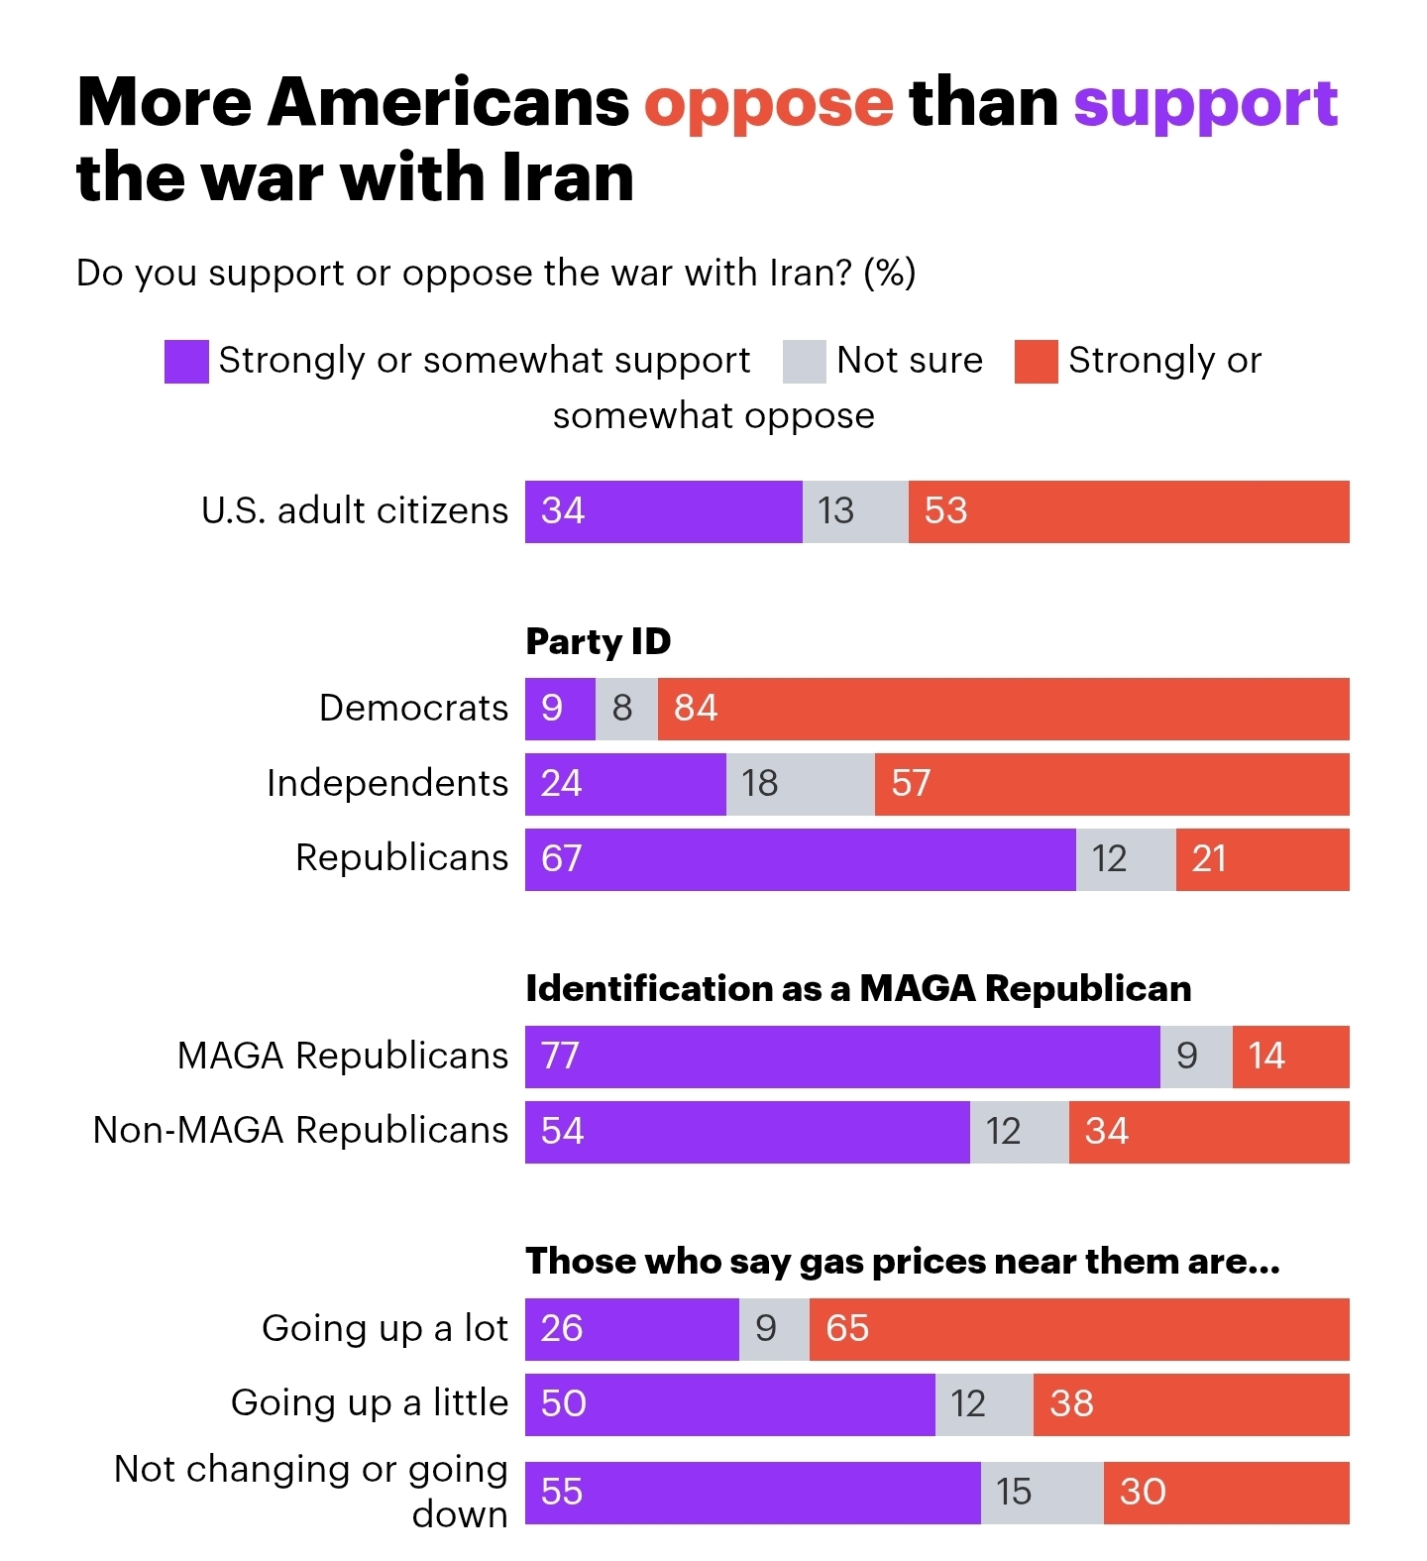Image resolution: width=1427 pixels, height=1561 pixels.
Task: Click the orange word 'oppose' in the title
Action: click(x=768, y=104)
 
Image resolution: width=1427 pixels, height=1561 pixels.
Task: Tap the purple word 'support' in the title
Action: click(x=1205, y=104)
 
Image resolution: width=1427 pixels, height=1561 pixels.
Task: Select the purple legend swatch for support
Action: click(x=186, y=361)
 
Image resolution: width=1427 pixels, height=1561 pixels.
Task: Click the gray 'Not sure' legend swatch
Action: click(x=804, y=361)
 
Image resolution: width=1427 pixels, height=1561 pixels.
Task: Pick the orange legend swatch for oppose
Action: click(x=1036, y=361)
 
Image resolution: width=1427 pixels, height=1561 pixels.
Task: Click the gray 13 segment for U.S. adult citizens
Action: click(x=855, y=511)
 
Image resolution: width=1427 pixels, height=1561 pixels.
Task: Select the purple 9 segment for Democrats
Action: click(x=560, y=709)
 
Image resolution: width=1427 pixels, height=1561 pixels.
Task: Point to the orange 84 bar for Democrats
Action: click(x=1003, y=709)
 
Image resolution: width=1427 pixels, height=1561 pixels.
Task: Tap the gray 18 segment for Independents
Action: click(x=800, y=784)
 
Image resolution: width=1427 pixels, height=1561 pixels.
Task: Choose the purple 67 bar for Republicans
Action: click(x=800, y=859)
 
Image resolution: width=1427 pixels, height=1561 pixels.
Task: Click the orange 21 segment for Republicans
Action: click(x=1262, y=859)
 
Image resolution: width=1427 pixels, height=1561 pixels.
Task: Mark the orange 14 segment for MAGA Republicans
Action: click(x=1290, y=1057)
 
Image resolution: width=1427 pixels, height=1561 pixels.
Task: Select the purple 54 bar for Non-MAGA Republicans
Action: click(x=747, y=1132)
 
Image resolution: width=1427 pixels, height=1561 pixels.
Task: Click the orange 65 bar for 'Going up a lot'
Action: click(x=1078, y=1329)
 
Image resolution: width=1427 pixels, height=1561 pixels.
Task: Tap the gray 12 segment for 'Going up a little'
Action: click(x=984, y=1404)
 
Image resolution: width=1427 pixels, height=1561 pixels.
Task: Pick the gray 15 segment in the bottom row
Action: click(x=1042, y=1493)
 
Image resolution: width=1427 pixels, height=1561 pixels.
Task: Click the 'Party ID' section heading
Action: click(x=598, y=642)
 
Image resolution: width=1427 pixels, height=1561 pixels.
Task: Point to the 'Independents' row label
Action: click(x=386, y=784)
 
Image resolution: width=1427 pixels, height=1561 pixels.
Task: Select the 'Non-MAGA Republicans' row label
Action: click(x=300, y=1131)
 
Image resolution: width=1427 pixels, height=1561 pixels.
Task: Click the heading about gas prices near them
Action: click(x=902, y=1262)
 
